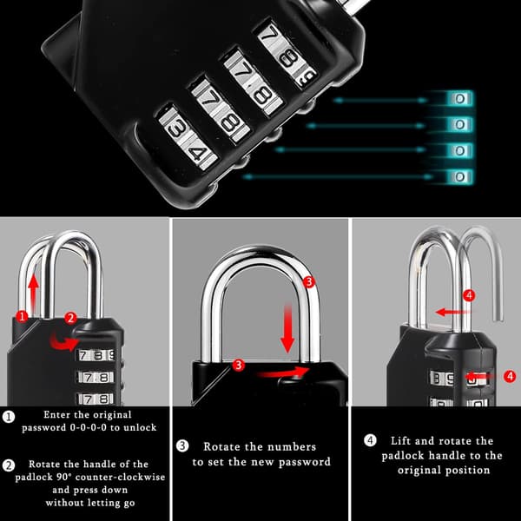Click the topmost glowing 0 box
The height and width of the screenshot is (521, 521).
point(460,99)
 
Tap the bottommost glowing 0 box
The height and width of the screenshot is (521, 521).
point(460,177)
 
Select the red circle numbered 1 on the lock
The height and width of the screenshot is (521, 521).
point(23,316)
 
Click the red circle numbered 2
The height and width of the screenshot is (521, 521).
point(70,318)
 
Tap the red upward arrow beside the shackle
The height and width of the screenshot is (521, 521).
point(33,293)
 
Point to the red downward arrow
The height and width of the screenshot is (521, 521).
point(287,328)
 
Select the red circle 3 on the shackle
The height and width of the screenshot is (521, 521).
point(309,282)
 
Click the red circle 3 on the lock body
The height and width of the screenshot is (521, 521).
point(238,365)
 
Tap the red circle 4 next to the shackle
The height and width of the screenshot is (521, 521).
point(469,295)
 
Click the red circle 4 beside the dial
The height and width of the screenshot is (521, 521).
point(510,377)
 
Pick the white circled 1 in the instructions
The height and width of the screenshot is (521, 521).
point(9,417)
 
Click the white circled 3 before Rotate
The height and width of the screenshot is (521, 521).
point(182,445)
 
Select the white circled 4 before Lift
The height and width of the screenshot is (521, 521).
point(370,440)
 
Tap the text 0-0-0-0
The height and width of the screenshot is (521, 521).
point(89,427)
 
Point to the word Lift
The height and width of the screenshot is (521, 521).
point(401,441)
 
